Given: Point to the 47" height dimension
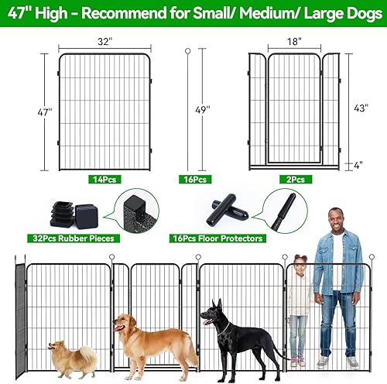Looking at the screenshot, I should point(46,112).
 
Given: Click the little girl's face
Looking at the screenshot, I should point(298,274).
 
